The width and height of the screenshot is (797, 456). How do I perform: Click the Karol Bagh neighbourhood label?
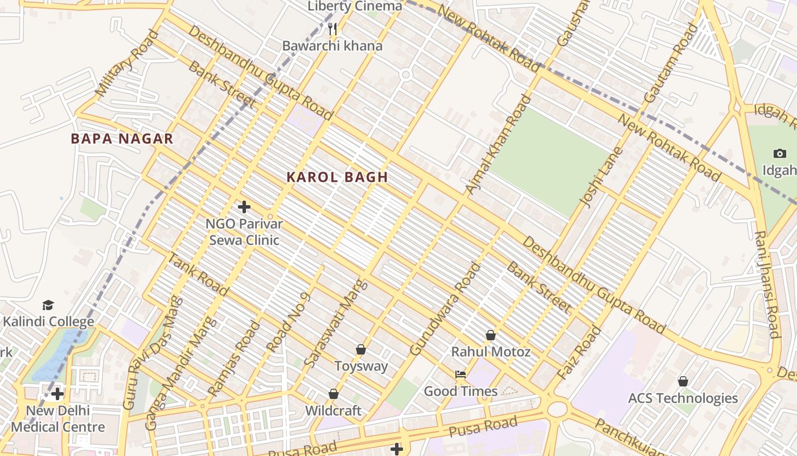[337, 177]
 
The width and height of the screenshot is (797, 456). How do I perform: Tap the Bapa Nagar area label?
[122, 139]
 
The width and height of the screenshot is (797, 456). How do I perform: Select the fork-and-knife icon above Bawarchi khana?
[333, 29]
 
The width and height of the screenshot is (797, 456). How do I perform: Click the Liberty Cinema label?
[355, 7]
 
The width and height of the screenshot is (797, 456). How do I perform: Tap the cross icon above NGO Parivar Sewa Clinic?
[244, 207]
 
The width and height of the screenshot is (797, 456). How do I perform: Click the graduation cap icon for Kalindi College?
[48, 306]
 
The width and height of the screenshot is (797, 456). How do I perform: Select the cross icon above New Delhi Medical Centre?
[57, 394]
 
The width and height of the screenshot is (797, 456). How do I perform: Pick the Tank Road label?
[198, 274]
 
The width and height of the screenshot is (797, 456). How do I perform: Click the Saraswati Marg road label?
[335, 323]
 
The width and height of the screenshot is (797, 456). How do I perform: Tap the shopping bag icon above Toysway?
[360, 349]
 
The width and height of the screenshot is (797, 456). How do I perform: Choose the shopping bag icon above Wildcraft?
[334, 394]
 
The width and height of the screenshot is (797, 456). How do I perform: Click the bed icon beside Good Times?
[461, 374]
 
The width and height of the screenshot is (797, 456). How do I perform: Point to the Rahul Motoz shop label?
[491, 352]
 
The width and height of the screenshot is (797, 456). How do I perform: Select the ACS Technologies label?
[683, 398]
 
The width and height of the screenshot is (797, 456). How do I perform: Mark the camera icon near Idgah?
[780, 153]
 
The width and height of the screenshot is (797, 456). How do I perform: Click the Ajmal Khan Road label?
[497, 145]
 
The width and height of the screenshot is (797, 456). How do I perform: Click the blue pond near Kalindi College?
[57, 353]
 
